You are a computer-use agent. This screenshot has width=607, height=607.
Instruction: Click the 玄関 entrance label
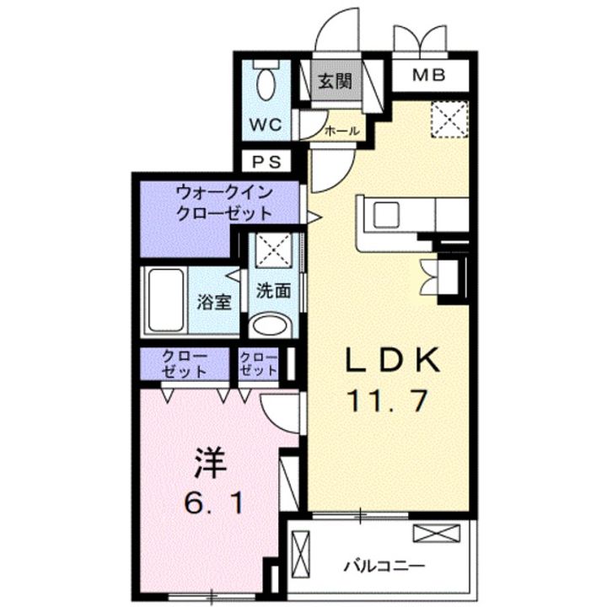coord(336,82)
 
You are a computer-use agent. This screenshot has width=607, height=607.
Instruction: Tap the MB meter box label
coord(429,76)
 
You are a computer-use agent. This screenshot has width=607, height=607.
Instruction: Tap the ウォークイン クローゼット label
coord(224,202)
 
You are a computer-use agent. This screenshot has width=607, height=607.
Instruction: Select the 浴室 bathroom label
coord(214,302)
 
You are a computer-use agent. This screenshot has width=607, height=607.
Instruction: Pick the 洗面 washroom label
coord(273,291)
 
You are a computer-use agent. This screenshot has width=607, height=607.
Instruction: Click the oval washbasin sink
coord(271,326)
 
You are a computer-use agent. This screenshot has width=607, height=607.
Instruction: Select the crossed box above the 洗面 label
coord(272,250)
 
